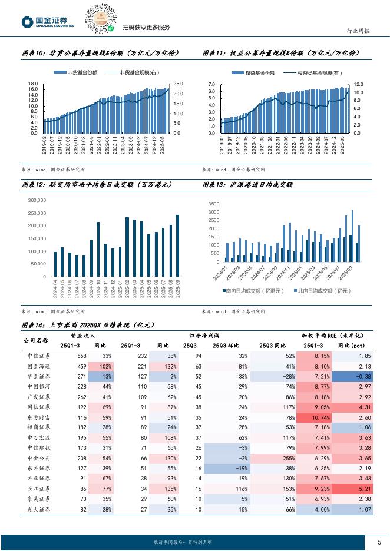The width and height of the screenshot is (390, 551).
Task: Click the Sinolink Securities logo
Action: click(48, 22)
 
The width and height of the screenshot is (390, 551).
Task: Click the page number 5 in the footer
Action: click(379, 542)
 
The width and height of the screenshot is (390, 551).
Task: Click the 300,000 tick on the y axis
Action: click(37, 200)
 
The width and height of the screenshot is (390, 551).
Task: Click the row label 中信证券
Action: click(39, 356)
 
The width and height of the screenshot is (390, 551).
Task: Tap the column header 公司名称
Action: click(35, 340)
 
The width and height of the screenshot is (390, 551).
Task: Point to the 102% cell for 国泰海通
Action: click(107, 366)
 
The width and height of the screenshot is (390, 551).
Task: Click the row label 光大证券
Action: click(39, 509)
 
